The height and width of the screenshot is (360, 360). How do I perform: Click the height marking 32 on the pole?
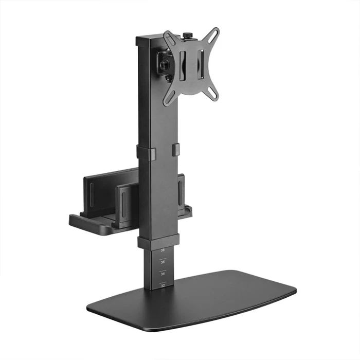click(163, 284)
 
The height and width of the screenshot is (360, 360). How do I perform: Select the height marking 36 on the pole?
click(163, 262)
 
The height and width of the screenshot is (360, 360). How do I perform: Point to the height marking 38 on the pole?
click(163, 250)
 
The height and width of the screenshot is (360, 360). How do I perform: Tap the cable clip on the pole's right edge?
click(175, 149)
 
